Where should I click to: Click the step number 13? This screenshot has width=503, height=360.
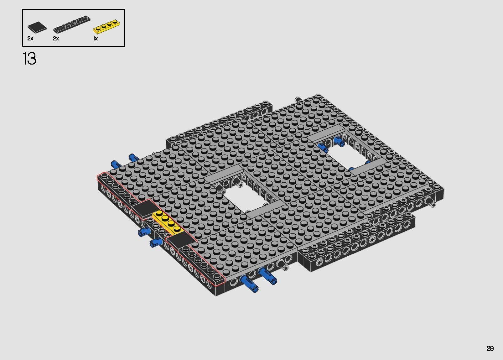point(29,59)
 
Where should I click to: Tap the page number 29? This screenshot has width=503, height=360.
point(490,348)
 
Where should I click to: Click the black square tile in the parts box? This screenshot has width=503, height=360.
point(37,27)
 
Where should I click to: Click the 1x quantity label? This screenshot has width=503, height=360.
point(95,39)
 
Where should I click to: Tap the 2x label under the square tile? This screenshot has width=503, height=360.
point(30,39)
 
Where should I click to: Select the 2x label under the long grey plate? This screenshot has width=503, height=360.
point(56,39)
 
